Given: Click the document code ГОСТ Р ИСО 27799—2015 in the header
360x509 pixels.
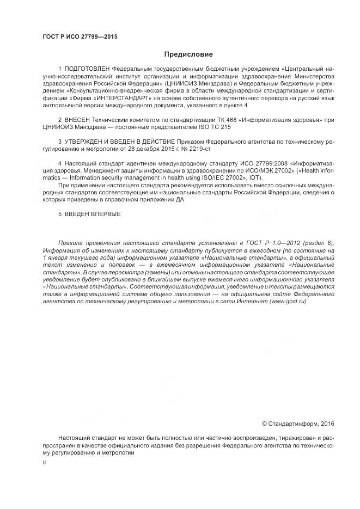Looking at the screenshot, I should [80, 37].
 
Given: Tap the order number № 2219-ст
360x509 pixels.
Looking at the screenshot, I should [198, 148].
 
